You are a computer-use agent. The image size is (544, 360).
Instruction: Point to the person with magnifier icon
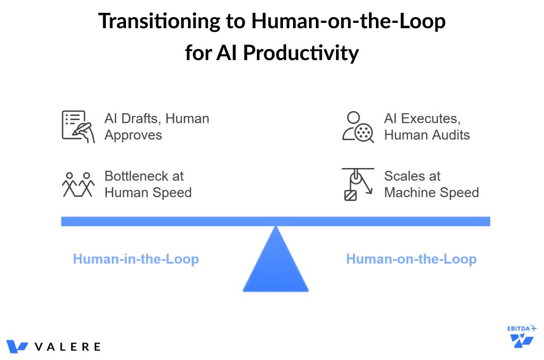357,127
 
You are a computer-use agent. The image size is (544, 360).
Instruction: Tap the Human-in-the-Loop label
136,259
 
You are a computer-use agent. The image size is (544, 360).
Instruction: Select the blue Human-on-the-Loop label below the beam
411,259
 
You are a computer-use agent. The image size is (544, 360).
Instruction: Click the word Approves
133,135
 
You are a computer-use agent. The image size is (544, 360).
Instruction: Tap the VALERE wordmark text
68,347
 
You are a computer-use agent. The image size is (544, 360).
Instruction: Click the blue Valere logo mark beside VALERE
17,347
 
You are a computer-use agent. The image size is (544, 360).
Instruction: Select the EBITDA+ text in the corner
521,329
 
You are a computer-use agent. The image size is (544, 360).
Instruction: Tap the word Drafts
139,119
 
